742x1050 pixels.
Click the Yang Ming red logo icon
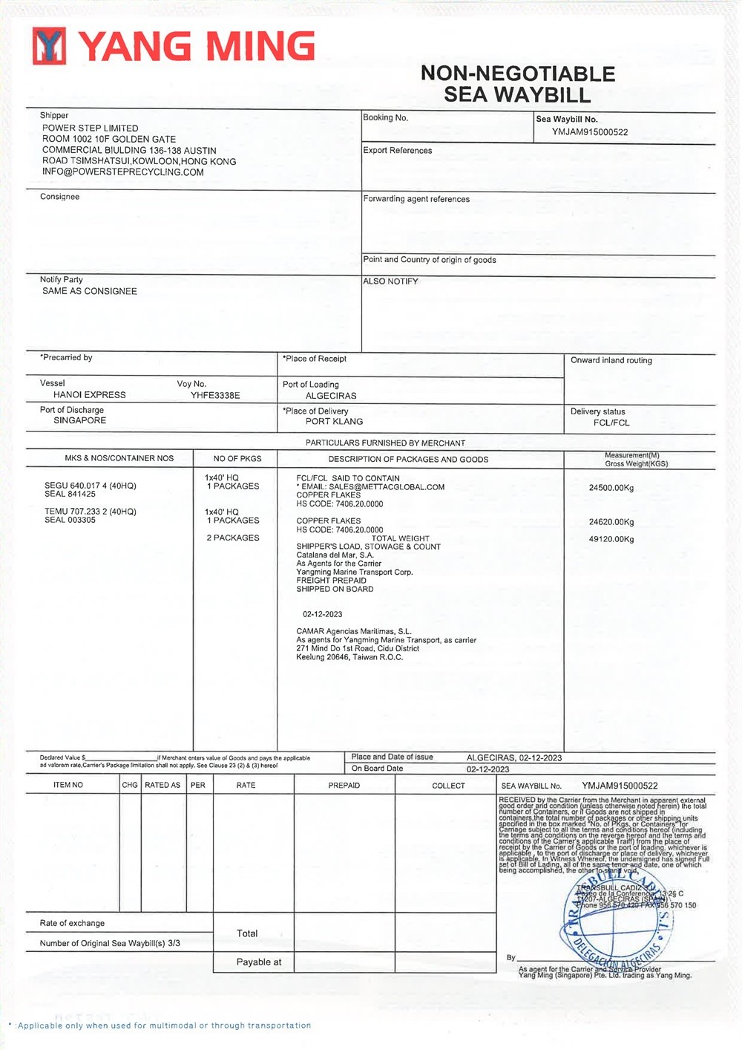(49, 46)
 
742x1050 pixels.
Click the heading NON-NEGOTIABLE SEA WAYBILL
(517, 84)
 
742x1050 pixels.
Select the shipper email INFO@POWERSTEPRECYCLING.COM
(122, 172)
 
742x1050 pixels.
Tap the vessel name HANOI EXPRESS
(89, 395)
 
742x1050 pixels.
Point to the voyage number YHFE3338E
(215, 396)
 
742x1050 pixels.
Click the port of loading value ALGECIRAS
(331, 396)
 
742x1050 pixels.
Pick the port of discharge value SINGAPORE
(79, 420)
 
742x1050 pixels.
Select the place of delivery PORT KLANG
(334, 422)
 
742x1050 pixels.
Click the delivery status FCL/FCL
(611, 423)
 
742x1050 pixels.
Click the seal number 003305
(81, 520)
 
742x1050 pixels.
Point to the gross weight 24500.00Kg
(611, 488)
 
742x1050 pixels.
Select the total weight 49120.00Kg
(611, 539)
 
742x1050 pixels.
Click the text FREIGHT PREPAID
(331, 581)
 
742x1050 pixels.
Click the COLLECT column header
(448, 786)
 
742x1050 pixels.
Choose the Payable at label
(258, 962)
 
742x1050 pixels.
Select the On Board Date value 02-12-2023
(487, 769)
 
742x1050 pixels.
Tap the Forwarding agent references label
(416, 199)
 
